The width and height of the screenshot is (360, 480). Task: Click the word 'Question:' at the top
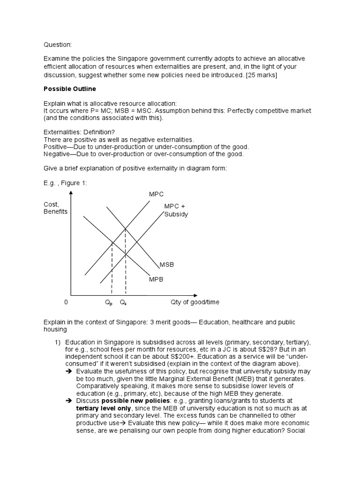click(58, 45)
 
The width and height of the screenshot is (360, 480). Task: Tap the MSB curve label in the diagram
click(167, 265)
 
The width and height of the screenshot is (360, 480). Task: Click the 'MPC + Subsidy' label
click(176, 210)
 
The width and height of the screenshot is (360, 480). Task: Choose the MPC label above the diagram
click(156, 194)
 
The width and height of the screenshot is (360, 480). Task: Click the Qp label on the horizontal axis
click(109, 303)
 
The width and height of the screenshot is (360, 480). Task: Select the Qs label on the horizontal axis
click(123, 303)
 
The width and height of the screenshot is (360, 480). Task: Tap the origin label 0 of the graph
click(66, 302)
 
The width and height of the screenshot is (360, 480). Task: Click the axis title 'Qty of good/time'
click(195, 302)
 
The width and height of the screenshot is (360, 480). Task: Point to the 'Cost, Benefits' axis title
click(55, 208)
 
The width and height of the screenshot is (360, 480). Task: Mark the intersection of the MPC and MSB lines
click(126, 229)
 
